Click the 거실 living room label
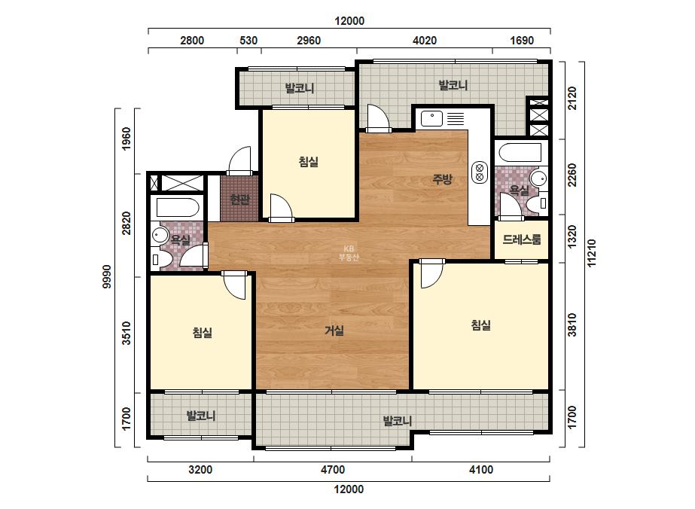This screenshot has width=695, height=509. (334, 331)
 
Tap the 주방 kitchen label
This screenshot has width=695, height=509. (442, 179)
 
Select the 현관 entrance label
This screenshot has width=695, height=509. (239, 200)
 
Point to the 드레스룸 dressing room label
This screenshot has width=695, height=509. (522, 240)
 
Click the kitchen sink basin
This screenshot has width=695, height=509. (432, 119)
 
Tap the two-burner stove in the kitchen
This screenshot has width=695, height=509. (479, 172)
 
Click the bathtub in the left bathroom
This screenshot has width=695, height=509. (176, 208)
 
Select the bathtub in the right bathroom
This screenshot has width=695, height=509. (520, 153)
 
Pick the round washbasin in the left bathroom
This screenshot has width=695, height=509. (159, 235)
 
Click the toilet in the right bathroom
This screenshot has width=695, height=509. (540, 203)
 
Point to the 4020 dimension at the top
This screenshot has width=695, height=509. (424, 41)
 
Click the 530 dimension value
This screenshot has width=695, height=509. (248, 41)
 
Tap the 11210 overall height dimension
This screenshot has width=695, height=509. (592, 253)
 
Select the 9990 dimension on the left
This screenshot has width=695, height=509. (107, 276)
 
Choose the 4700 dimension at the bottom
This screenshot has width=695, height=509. (332, 470)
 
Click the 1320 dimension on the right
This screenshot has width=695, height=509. (572, 237)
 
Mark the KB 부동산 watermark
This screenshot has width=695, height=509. (349, 253)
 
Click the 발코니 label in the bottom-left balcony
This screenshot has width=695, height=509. (201, 416)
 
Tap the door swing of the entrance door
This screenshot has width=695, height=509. (240, 160)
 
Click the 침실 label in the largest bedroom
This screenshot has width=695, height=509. (481, 325)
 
